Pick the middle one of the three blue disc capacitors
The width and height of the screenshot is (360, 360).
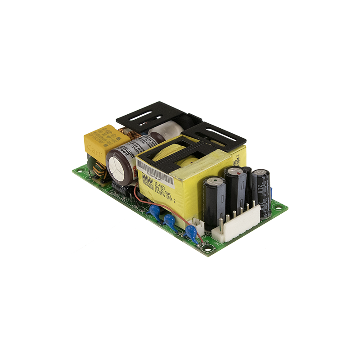click(170, 220)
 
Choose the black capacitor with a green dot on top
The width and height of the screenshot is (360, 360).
click(214, 193)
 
